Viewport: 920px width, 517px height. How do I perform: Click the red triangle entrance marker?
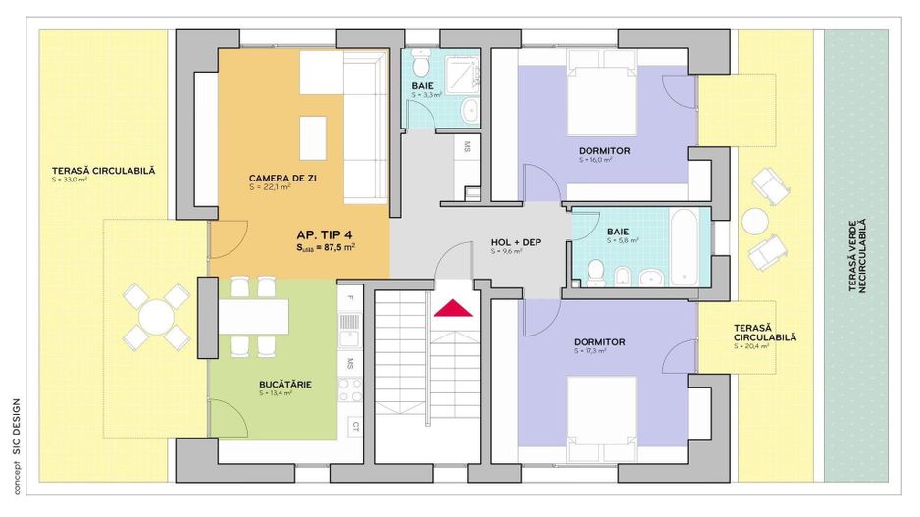point(452,308)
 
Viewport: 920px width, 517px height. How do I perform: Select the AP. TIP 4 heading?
point(326,235)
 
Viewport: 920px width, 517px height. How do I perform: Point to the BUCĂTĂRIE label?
point(285,385)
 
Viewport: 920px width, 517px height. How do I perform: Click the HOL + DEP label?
point(516,242)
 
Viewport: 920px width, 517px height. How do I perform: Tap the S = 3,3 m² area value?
point(427,96)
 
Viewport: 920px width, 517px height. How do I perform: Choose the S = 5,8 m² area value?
point(622,240)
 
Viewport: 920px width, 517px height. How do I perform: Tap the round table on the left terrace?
point(156,316)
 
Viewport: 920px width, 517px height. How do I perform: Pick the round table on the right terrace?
point(754,222)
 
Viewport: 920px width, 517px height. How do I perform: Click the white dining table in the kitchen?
point(253,315)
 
